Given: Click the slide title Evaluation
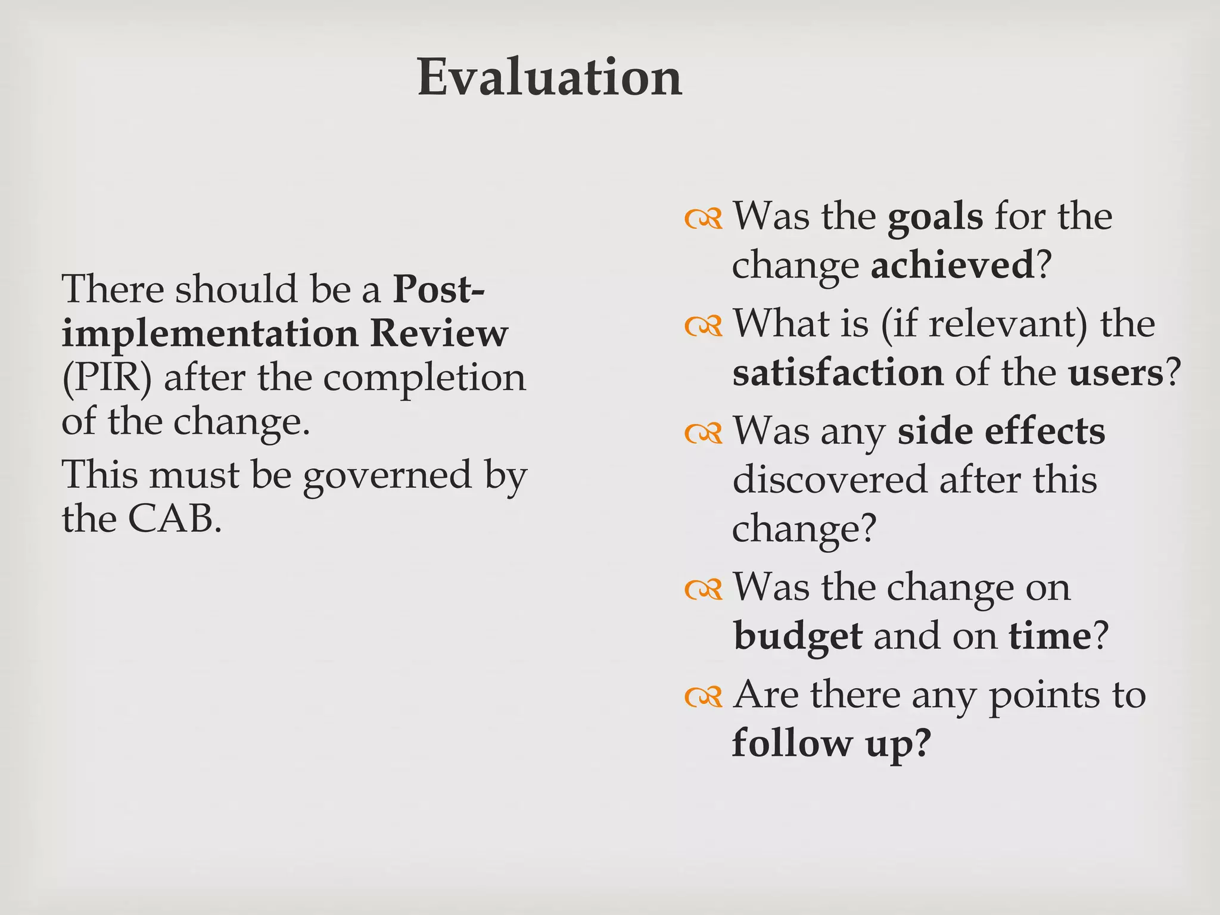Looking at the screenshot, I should point(549,77).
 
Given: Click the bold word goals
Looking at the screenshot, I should point(935,217).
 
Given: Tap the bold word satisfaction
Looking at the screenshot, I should point(838,374).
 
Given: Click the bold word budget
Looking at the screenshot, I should point(798,636).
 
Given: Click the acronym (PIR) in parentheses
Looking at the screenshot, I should point(107,378).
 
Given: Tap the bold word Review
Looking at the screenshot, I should point(439,334).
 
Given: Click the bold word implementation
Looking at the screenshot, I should point(210,334).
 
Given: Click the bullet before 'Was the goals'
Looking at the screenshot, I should point(704,219).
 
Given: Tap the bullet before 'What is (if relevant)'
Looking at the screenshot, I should point(704,326).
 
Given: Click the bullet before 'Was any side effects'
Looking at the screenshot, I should point(704,434).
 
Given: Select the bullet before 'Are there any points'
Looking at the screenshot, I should point(704,696).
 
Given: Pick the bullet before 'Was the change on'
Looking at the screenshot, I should point(704,590).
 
